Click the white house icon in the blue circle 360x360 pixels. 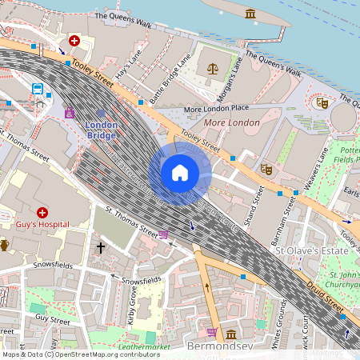tap(180, 172)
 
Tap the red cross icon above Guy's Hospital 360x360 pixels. tap(42, 212)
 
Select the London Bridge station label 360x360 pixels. tap(102, 130)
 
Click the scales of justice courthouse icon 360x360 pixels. tap(212, 69)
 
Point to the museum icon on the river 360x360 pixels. tap(250, 14)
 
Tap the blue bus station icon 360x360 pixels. tap(38, 89)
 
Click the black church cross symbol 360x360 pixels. tap(101, 248)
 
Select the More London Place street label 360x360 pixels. tap(216, 109)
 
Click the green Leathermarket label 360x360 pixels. tap(145, 347)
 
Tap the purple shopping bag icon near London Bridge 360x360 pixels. tap(70, 113)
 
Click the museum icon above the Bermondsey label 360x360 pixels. tap(230, 334)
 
